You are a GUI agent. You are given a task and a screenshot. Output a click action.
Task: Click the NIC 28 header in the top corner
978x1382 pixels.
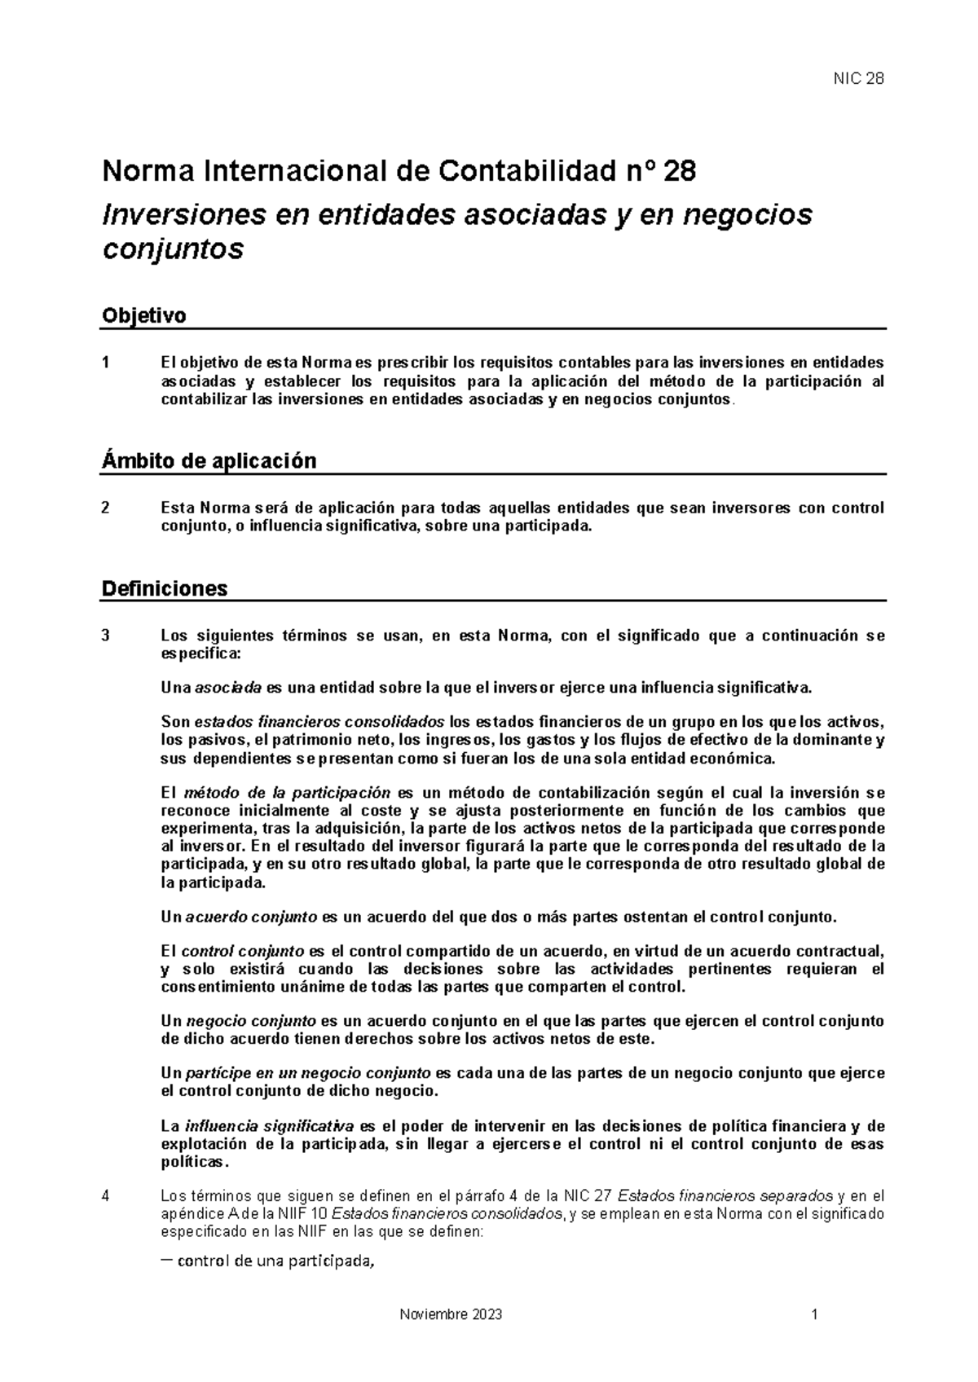coord(857,79)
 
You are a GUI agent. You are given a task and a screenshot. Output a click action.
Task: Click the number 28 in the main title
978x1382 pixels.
coord(680,172)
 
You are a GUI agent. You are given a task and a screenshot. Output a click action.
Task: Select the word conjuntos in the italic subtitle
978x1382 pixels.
coord(172,249)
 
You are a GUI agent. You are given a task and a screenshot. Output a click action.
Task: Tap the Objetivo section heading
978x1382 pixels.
coord(143,315)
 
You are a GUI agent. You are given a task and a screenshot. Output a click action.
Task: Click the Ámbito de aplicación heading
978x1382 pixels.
coord(209,461)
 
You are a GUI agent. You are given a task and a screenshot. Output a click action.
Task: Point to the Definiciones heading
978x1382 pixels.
coord(164,588)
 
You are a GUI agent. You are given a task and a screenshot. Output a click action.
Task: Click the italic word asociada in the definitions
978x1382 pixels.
coord(228,688)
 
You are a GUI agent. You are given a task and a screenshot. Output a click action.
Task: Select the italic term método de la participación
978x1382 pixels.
coord(288,793)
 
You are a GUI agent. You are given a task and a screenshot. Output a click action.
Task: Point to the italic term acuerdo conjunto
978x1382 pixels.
coord(251,917)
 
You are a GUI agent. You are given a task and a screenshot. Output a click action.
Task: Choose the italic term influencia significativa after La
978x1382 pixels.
coord(269,1126)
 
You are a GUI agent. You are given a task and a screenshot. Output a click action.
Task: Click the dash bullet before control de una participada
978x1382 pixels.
coord(166,1262)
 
